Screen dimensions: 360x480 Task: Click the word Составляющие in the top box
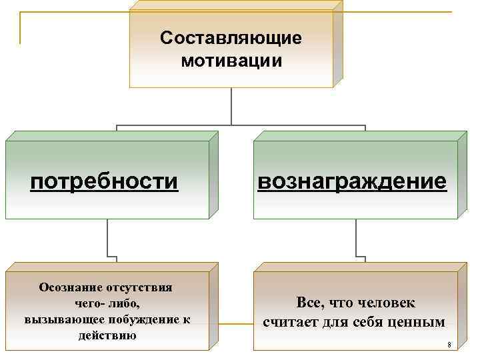coord(231,37)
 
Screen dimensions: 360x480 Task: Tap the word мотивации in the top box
coord(231,61)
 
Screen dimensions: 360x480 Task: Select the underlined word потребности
coord(105,181)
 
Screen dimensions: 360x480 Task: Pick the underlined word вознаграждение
coord(353,181)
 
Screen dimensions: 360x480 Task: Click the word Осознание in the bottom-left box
coord(70,288)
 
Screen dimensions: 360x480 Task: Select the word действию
coord(107,335)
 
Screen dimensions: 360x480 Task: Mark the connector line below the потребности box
coord(107,240)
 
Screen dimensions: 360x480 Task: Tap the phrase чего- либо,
coord(107,304)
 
